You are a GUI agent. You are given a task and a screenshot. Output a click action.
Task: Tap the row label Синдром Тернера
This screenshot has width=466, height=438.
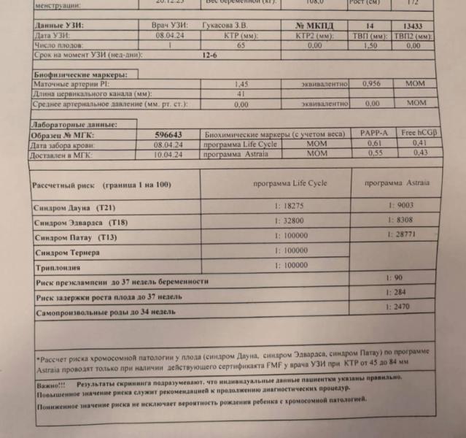(68, 252)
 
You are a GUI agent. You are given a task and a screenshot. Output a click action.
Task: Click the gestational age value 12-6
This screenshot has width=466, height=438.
(211, 55)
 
